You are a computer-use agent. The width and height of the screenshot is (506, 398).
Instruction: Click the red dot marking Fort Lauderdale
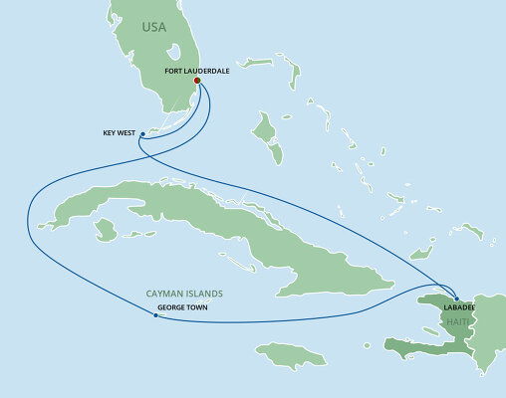[x=210, y=84]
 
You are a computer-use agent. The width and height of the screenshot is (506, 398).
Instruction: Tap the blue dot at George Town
[x=155, y=318]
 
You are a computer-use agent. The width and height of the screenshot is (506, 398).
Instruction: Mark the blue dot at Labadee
[x=455, y=298]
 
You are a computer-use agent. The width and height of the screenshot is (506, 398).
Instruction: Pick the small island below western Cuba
[x=105, y=230]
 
